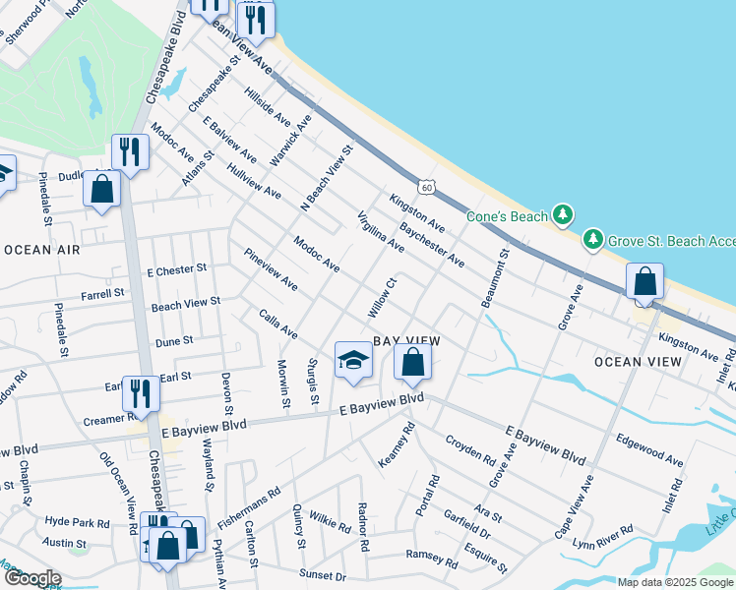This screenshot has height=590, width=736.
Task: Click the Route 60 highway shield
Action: [x=425, y=186]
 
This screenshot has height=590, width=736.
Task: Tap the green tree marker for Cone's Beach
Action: [x=562, y=213]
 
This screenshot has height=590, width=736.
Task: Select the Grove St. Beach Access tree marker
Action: [x=592, y=238]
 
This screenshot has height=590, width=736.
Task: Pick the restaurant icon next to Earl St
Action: [x=141, y=393]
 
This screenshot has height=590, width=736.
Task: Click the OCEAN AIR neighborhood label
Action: [x=41, y=251]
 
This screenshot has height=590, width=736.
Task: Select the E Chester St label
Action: [x=176, y=268]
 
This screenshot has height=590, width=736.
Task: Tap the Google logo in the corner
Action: [x=32, y=578]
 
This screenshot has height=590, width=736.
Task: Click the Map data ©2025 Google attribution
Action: [x=674, y=582]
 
